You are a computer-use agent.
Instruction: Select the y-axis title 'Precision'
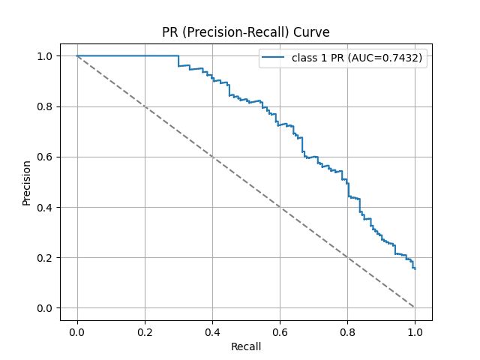27,181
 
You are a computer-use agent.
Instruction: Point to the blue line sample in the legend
274,63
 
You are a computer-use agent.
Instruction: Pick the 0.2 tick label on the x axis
145,331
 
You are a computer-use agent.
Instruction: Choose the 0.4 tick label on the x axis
212,331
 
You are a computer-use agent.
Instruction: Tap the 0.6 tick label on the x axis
280,331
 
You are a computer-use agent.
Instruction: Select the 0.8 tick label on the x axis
347,331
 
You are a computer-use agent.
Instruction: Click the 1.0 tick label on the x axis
415,331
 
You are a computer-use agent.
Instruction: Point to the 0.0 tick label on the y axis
46,308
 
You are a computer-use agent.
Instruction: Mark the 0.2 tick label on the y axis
46,258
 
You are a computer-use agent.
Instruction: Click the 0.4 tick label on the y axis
46,207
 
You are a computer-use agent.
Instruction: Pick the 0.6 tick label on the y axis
46,157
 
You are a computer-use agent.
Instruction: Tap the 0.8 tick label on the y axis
46,106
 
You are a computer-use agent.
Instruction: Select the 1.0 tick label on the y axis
46,56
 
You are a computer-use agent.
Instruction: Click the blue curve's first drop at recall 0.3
178,61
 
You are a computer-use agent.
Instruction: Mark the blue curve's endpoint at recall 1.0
415,268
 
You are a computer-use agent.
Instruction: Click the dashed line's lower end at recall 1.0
415,307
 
